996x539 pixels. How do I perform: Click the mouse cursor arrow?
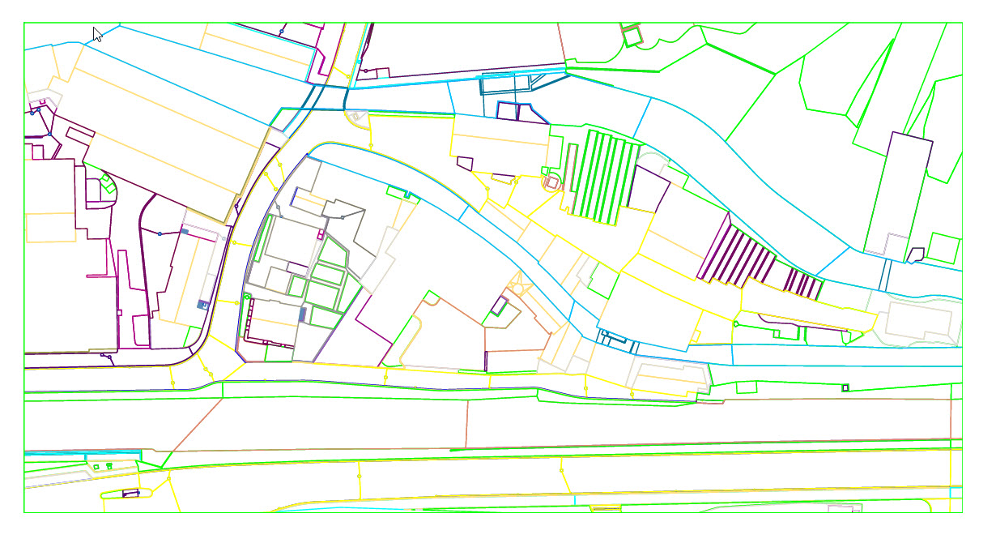(x=97, y=34)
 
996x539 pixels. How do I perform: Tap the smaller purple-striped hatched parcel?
(x=802, y=283)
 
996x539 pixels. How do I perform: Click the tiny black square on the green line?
(x=845, y=388)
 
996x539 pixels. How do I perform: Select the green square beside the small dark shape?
(x=942, y=247)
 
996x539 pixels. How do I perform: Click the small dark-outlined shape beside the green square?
(x=916, y=254)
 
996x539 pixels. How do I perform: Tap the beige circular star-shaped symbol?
(x=517, y=287)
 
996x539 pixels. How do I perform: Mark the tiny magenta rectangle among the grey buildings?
(x=321, y=235)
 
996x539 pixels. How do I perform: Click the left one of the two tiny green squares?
(x=96, y=467)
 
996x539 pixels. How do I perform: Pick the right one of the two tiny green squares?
(x=108, y=466)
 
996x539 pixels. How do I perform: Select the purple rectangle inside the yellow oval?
(x=130, y=493)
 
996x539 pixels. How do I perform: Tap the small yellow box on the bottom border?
(x=606, y=508)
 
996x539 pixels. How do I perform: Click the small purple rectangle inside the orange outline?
(x=500, y=306)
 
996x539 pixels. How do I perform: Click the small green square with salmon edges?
(x=630, y=35)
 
